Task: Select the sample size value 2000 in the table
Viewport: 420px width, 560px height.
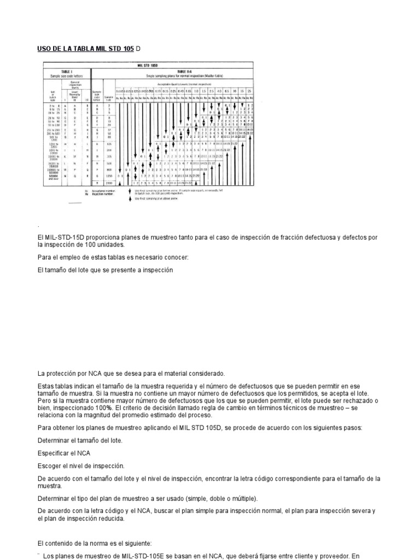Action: coord(108,182)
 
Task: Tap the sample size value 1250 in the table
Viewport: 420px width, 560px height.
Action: coord(108,176)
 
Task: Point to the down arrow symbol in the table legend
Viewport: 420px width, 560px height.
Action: coord(129,191)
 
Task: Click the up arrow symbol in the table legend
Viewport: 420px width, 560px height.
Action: coord(129,199)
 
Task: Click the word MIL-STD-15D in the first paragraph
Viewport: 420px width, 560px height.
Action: coord(59,237)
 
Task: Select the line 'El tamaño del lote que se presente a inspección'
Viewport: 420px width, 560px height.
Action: coord(106,270)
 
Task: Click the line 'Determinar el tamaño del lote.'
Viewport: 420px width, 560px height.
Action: coord(80,440)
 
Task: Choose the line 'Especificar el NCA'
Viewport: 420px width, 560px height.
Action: coord(63,453)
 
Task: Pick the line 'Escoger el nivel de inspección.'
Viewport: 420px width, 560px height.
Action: coord(81,465)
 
